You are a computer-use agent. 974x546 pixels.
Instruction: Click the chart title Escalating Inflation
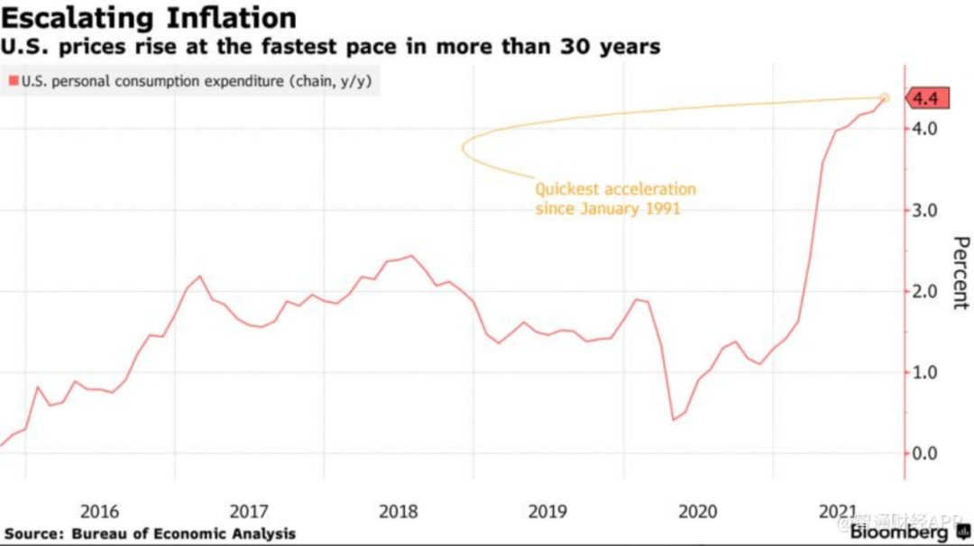(x=149, y=17)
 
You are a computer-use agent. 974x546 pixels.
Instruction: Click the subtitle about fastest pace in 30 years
(x=330, y=47)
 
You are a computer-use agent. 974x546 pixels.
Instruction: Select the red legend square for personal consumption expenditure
(x=13, y=82)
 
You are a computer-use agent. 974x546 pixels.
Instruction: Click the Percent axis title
(x=960, y=273)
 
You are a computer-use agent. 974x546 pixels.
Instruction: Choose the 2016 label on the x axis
(x=99, y=512)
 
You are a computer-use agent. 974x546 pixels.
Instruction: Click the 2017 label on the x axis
(x=249, y=512)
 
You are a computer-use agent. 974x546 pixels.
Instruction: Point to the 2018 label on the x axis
(x=398, y=512)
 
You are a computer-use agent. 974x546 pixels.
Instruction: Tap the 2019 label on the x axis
(x=547, y=512)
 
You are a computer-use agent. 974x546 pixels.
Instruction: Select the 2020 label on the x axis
(x=697, y=512)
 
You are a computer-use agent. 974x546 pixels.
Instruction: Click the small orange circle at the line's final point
(x=885, y=98)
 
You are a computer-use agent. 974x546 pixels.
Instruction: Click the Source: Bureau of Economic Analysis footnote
(x=149, y=533)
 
